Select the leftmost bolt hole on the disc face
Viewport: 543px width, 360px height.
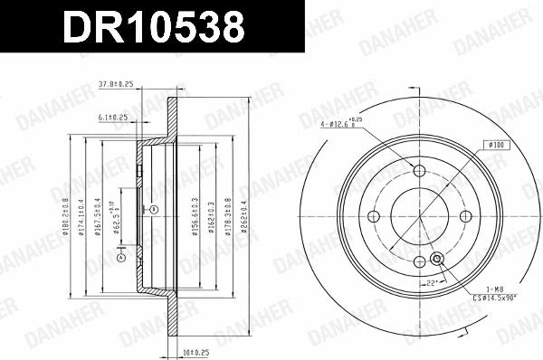click(373, 216)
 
